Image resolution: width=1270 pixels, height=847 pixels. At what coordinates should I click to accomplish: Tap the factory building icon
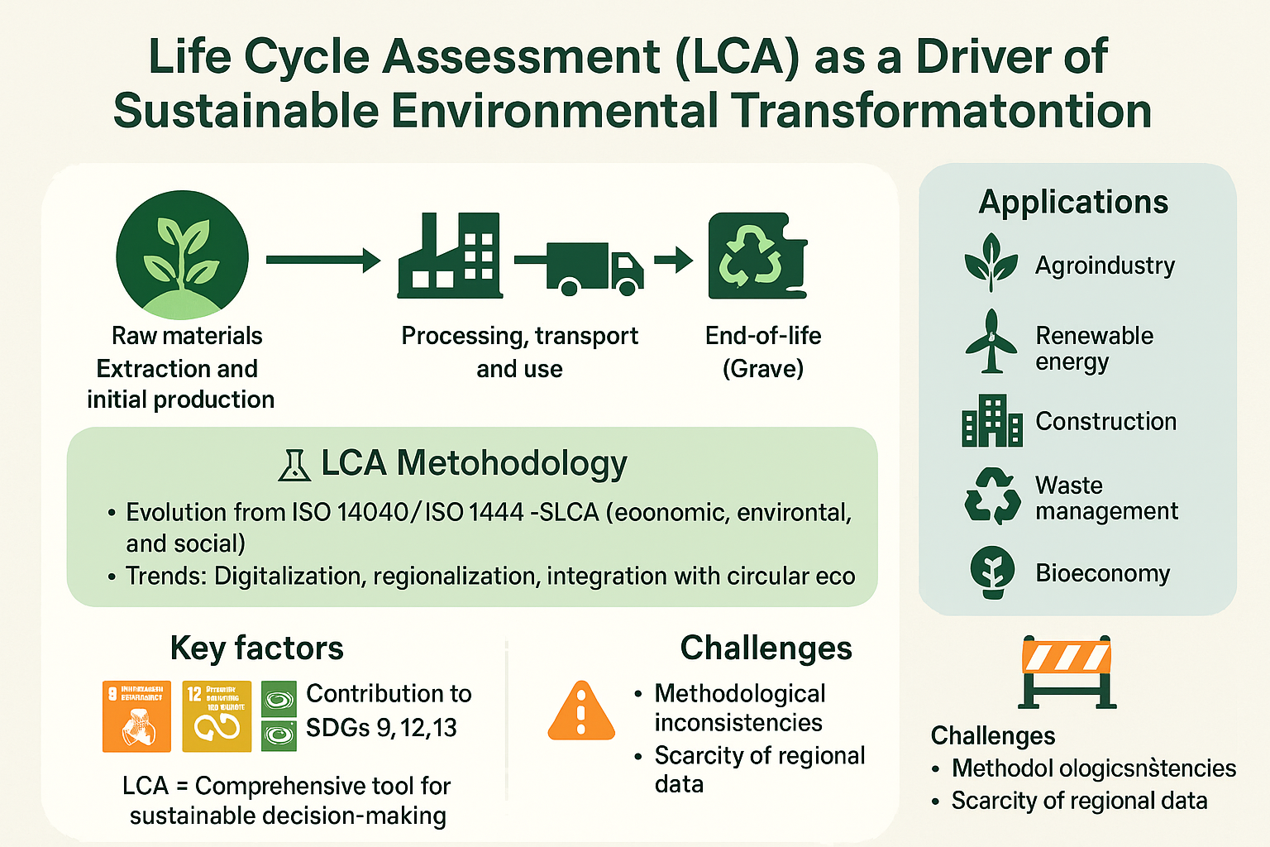pyautogui.click(x=449, y=256)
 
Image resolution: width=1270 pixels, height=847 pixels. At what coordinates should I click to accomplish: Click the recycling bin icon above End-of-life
pyautogui.click(x=757, y=256)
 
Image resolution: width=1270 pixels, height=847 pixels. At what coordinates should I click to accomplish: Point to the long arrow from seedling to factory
pyautogui.click(x=322, y=261)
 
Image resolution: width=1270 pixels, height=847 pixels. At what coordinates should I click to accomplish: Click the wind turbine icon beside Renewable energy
pyautogui.click(x=991, y=342)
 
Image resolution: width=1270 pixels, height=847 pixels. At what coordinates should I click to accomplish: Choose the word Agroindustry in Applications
pyautogui.click(x=1105, y=266)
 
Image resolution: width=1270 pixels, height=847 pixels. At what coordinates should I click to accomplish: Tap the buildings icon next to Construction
pyautogui.click(x=991, y=420)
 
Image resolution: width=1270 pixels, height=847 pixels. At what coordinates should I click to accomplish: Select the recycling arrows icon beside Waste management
pyautogui.click(x=992, y=496)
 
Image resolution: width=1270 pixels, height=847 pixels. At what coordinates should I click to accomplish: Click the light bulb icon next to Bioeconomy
pyautogui.click(x=992, y=572)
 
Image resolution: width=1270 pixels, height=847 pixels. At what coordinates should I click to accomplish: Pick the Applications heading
pyautogui.click(x=1073, y=202)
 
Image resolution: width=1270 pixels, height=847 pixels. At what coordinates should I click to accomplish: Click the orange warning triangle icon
pyautogui.click(x=581, y=712)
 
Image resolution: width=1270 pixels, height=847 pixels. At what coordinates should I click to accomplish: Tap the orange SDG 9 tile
pyautogui.click(x=136, y=716)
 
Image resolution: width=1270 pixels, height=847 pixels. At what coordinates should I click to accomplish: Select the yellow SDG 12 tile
pyautogui.click(x=217, y=716)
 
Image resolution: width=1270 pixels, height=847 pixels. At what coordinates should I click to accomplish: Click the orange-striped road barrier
pyautogui.click(x=1067, y=671)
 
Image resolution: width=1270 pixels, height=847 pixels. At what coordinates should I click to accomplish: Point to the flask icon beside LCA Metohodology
pyautogui.click(x=294, y=466)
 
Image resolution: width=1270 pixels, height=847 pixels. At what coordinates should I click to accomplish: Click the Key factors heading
pyautogui.click(x=256, y=648)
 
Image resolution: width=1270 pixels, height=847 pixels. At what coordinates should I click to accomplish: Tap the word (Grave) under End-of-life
pyautogui.click(x=762, y=368)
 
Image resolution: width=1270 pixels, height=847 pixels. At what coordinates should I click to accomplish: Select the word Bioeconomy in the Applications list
pyautogui.click(x=1103, y=573)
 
